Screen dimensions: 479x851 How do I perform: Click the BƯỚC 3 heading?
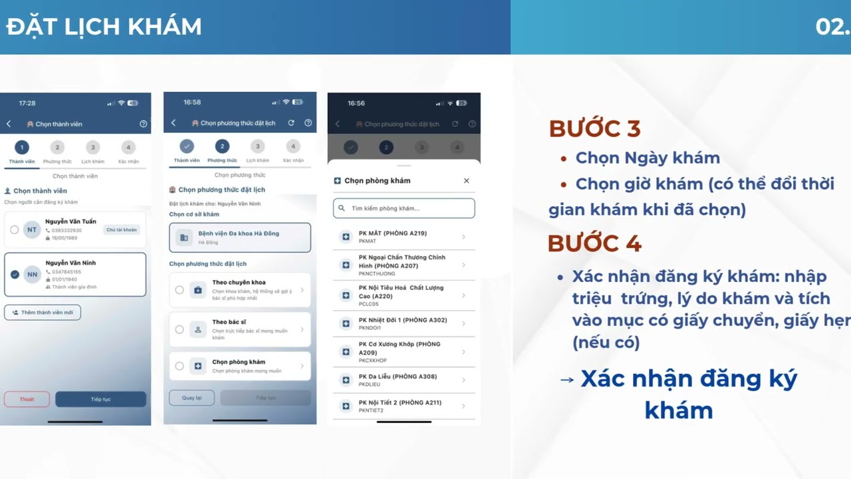594,128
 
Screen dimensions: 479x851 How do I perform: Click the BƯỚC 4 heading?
594,243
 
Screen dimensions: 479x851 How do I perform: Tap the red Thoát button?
27,399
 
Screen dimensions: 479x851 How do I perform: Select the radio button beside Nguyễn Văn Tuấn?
15,230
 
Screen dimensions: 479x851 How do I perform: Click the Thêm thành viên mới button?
43,312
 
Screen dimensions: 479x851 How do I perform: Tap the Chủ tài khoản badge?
122,230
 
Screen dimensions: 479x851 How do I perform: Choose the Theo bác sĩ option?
239,329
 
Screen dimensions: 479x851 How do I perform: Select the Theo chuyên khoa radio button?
180,290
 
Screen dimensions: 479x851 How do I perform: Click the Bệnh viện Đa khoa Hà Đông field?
239,238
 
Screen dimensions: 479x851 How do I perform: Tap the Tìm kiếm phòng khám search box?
404,208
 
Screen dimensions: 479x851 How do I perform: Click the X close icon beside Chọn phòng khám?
466,181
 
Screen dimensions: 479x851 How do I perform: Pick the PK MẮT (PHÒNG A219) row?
404,237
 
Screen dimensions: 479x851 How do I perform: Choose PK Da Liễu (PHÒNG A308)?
404,380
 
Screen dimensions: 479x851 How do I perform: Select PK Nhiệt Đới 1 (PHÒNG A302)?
404,323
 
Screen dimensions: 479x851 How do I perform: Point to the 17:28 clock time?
27,103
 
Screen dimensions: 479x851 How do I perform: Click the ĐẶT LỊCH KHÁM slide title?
104,27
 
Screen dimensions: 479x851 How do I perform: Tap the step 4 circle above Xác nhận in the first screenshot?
128,148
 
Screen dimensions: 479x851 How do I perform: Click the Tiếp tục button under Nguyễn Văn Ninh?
100,399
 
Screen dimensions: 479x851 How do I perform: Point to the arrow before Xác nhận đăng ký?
566,380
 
